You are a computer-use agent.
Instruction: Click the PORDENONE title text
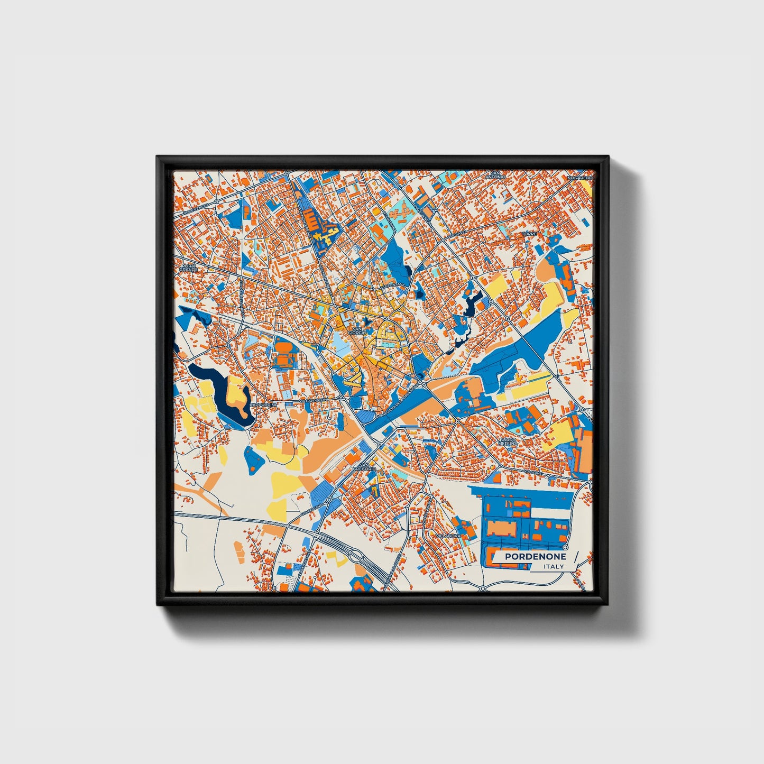pyautogui.click(x=535, y=557)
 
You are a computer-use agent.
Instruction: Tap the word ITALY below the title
pyautogui.click(x=554, y=567)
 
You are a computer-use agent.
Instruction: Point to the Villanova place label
pyautogui.click(x=448, y=536)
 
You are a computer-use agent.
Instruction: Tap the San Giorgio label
pyautogui.click(x=357, y=331)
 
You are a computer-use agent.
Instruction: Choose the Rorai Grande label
pyautogui.click(x=188, y=268)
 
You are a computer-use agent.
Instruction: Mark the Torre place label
pyautogui.click(x=529, y=234)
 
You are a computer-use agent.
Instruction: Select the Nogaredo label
pyautogui.click(x=580, y=178)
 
